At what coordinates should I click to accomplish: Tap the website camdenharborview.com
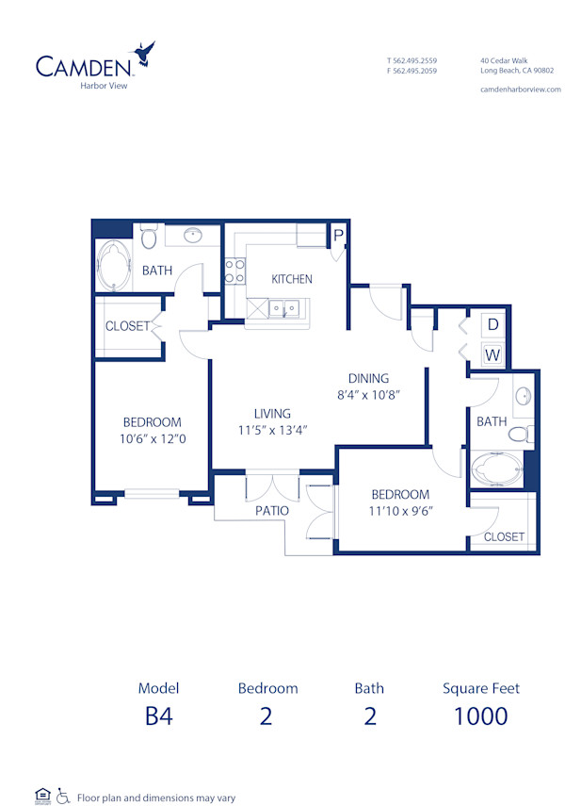[520, 89]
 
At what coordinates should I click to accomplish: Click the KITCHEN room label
[292, 279]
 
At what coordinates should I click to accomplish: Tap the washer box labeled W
[492, 355]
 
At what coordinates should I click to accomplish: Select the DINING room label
[368, 379]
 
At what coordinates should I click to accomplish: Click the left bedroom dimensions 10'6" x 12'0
[152, 438]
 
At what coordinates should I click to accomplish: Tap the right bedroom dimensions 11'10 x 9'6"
[400, 511]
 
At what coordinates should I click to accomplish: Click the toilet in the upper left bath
[149, 237]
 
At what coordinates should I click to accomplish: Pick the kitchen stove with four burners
[234, 271]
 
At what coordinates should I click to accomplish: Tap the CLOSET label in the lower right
[504, 536]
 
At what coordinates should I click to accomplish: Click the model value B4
[158, 716]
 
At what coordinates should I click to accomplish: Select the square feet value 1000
[480, 716]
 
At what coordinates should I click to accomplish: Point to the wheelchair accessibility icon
[63, 796]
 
